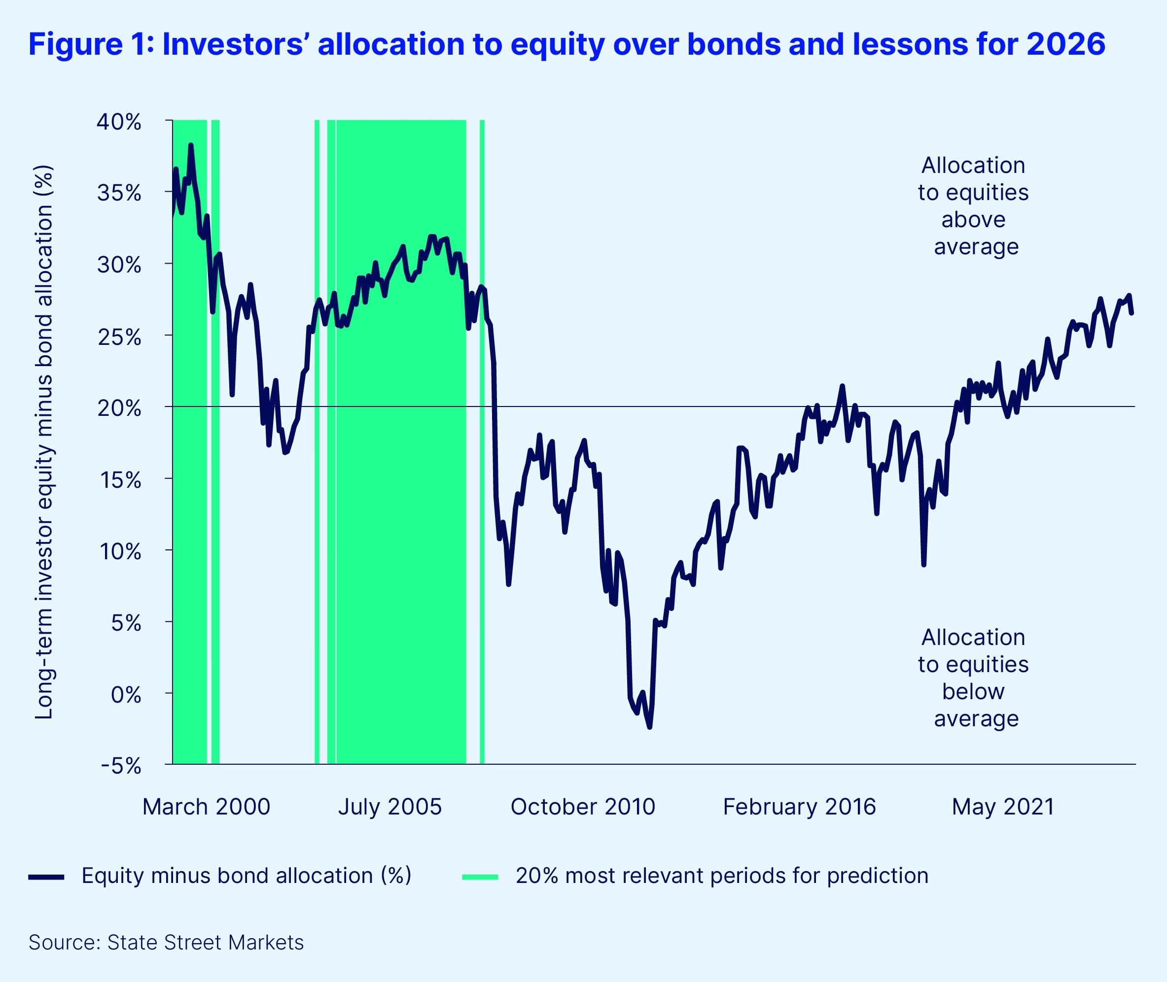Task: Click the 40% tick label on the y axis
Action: pyautogui.click(x=119, y=122)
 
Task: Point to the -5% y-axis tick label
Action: pyautogui.click(x=121, y=766)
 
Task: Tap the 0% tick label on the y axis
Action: pyautogui.click(x=126, y=695)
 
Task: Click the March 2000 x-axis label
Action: pyautogui.click(x=206, y=807)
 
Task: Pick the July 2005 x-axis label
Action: pyautogui.click(x=389, y=807)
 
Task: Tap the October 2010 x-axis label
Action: pyautogui.click(x=583, y=807)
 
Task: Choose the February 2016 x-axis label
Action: pyautogui.click(x=799, y=807)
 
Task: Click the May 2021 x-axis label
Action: pyautogui.click(x=1003, y=807)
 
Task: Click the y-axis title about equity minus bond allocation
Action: pyautogui.click(x=44, y=442)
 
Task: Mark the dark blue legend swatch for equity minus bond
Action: pyautogui.click(x=46, y=877)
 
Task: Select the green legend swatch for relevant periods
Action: pyautogui.click(x=480, y=877)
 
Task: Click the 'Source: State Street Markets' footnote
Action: pyautogui.click(x=166, y=943)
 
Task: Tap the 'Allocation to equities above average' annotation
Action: pyautogui.click(x=973, y=206)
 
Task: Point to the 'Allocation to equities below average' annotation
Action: pyautogui.click(x=973, y=677)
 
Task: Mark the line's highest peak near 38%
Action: pyautogui.click(x=190, y=145)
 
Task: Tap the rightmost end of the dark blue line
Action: pyautogui.click(x=1132, y=313)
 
